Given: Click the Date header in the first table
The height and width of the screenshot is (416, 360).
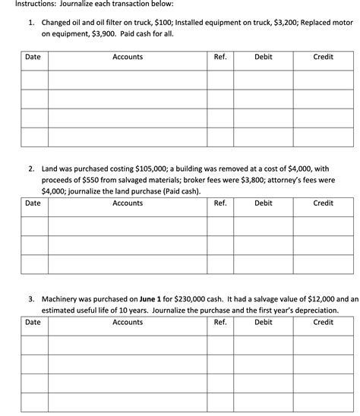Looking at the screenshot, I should pyautogui.click(x=33, y=57).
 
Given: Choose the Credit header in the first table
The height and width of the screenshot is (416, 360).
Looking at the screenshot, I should pyautogui.click(x=323, y=57).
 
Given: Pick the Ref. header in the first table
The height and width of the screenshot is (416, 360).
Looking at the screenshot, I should pyautogui.click(x=220, y=57).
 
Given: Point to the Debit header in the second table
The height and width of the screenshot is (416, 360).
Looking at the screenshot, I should pyautogui.click(x=264, y=203).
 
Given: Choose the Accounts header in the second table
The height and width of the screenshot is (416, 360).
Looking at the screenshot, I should pyautogui.click(x=127, y=203).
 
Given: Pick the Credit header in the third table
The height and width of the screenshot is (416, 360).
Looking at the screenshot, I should pyautogui.click(x=323, y=322).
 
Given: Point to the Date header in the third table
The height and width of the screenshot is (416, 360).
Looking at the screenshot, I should pyautogui.click(x=33, y=322).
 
